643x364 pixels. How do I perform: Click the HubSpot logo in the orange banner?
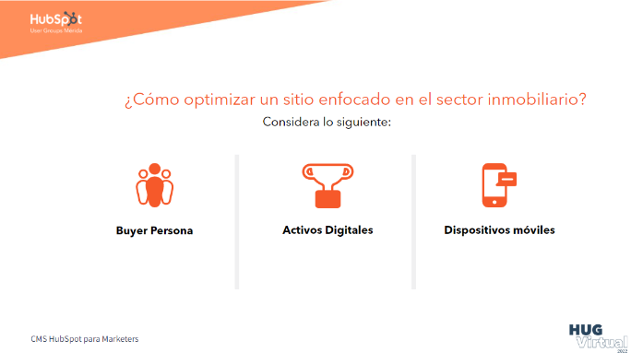click(55, 20)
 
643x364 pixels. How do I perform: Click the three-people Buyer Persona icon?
click(154, 186)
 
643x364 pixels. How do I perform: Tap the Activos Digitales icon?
click(327, 185)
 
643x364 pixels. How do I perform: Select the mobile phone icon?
click(495, 185)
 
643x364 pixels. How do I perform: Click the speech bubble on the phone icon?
click(506, 178)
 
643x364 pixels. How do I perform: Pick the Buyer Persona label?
click(154, 230)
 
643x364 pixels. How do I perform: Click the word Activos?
click(303, 229)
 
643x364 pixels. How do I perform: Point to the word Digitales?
click(349, 229)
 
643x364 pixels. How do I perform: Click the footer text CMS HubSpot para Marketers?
click(84, 339)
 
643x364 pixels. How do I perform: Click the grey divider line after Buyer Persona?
click(237, 221)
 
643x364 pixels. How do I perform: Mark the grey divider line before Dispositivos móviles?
click(413, 221)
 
